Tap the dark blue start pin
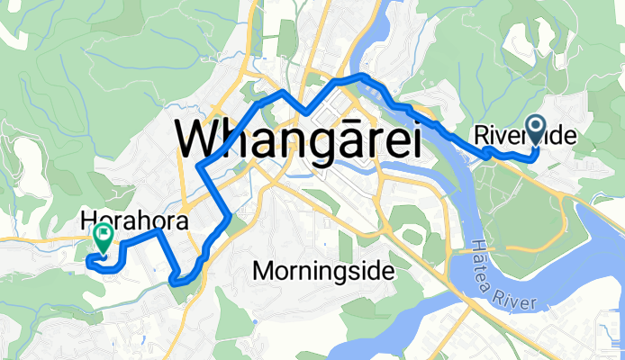537,131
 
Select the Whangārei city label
300,139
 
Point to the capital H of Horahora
86,219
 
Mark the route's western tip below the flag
87,263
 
